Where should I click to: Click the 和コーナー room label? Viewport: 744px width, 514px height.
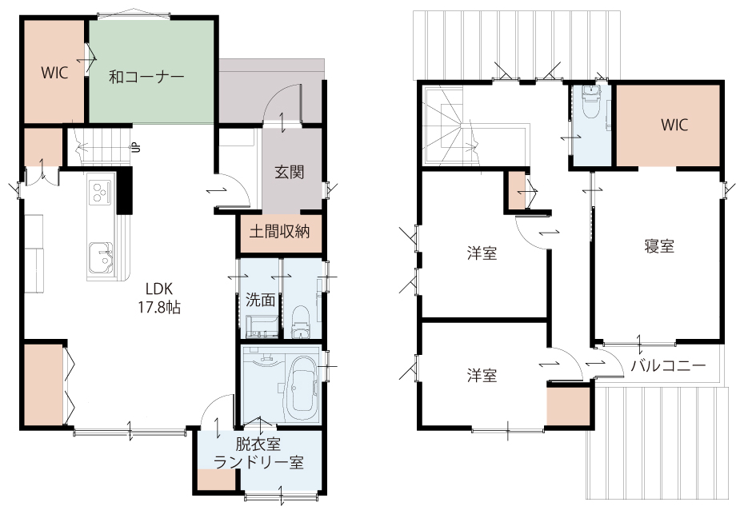(146, 77)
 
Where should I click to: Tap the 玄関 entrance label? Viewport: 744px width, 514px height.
(290, 172)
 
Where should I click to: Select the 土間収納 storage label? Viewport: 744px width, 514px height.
(279, 231)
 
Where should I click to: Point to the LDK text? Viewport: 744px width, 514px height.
(159, 289)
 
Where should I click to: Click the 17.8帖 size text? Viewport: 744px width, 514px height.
(159, 308)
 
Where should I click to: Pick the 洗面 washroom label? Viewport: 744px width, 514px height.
(261, 300)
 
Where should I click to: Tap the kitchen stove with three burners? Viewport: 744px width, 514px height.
(101, 193)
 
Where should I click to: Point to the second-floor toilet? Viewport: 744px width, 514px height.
(590, 103)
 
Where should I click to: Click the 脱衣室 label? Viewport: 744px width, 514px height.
(258, 444)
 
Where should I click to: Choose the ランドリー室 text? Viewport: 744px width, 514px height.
(258, 462)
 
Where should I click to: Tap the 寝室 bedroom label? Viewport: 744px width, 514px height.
(659, 246)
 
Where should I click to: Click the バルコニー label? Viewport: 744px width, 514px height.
(668, 365)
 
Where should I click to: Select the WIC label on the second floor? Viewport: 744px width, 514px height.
(674, 126)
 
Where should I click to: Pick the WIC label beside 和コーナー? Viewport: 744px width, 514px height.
(54, 73)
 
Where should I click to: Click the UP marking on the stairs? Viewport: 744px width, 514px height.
(136, 147)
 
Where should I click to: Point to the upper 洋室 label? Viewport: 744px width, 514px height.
(482, 253)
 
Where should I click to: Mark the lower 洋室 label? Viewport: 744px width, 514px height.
(482, 376)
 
